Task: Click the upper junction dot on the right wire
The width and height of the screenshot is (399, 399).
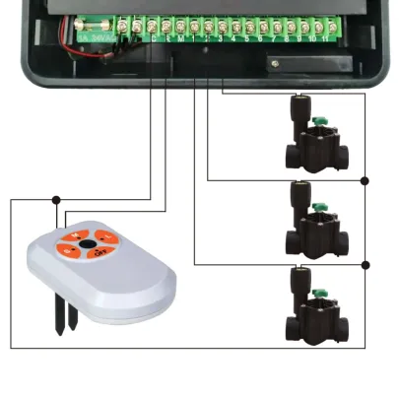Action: pyautogui.click(x=365, y=180)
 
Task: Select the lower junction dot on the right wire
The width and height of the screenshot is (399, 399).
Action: pyautogui.click(x=365, y=264)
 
